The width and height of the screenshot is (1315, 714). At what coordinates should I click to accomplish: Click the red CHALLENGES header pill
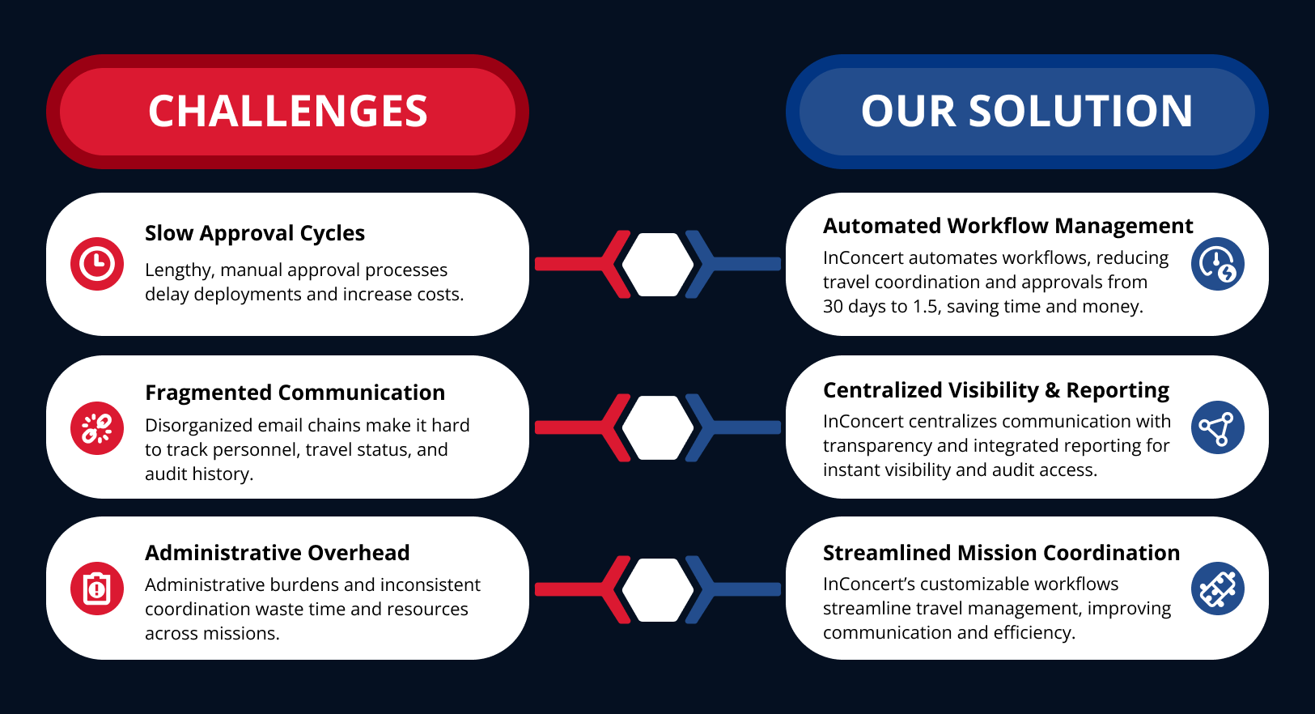pos(287,112)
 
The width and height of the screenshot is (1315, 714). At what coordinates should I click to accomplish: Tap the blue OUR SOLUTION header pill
pos(1027,112)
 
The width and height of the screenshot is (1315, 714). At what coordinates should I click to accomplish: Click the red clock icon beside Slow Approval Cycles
pos(97,264)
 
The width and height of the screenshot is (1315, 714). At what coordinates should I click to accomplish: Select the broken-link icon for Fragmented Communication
pos(97,428)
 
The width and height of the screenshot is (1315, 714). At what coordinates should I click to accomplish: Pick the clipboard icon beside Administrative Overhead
pos(97,589)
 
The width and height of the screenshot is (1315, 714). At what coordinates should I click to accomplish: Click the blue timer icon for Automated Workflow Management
pos(1218,264)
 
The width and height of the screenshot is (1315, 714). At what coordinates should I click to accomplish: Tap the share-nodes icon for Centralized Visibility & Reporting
pos(1218,427)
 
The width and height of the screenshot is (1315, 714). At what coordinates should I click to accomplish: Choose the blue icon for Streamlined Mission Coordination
pos(1218,589)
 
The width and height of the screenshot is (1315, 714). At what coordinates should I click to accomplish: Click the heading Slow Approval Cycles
pos(255,234)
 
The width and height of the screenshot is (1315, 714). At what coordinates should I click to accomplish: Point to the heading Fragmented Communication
pos(295,393)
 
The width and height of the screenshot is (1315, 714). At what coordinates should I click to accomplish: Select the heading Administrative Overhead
pos(277,553)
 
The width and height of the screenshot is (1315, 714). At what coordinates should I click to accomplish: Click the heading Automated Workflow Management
pos(1007,226)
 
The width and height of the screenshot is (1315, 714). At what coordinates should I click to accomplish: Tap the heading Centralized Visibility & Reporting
pos(995,390)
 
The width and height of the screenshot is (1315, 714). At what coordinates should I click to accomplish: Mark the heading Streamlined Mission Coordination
pos(1001,553)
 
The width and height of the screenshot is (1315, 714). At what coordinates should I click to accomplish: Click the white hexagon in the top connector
pos(657,264)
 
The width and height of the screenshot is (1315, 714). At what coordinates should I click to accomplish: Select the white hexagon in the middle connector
pos(657,427)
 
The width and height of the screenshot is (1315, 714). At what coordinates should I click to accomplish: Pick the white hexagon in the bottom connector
pos(657,589)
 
